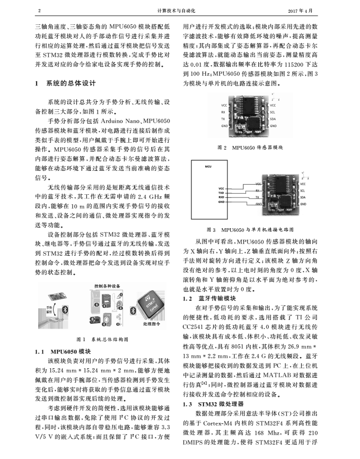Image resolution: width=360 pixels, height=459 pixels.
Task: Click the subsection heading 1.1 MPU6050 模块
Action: coord(60,351)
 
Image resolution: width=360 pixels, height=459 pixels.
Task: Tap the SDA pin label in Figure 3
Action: coord(303,197)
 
